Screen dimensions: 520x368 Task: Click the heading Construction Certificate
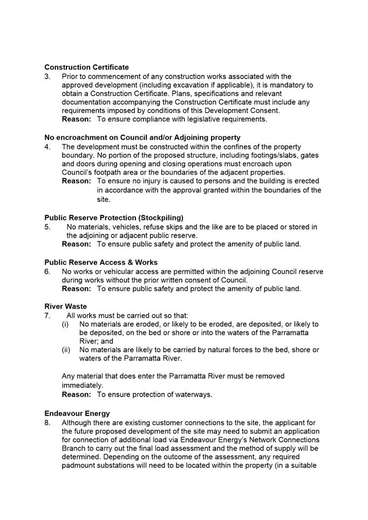pyautogui.click(x=86, y=67)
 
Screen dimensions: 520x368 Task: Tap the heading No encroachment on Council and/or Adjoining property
pyautogui.click(x=142, y=138)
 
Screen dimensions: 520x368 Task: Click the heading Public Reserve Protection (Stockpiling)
pyautogui.click(x=114, y=218)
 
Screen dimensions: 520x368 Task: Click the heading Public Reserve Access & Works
pyautogui.click(x=101, y=262)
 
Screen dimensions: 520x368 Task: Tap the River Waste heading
pyautogui.click(x=65, y=307)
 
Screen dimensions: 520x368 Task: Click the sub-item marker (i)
pyautogui.click(x=65, y=324)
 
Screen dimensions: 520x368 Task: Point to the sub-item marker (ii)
pyautogui.click(x=66, y=350)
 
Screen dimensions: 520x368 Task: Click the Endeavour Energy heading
pyautogui.click(x=77, y=413)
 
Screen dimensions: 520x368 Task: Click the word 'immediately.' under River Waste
pyautogui.click(x=82, y=385)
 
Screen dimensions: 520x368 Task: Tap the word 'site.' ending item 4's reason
pyautogui.click(x=104, y=199)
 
